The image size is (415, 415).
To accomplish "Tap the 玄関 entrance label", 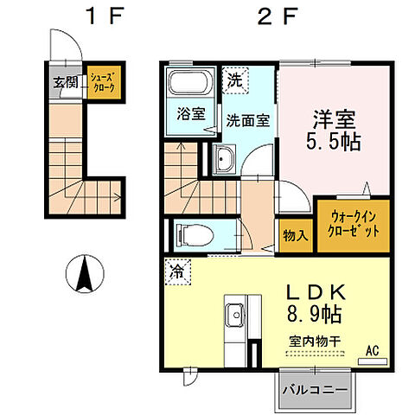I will pyautogui.click(x=66, y=83).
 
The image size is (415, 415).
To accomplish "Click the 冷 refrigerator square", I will pyautogui.click(x=176, y=271).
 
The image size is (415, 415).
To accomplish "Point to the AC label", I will pyautogui.click(x=372, y=350).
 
